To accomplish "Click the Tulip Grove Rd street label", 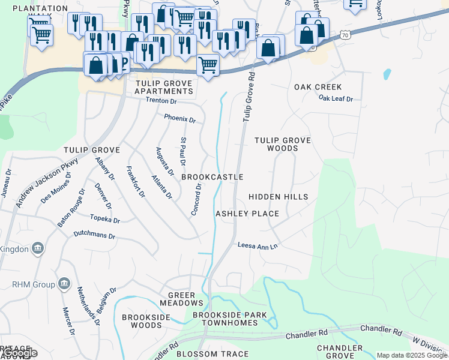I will click(249, 97).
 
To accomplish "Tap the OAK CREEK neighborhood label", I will click(318, 87).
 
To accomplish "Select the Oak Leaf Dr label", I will click(336, 98).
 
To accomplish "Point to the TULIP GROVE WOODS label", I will click(282, 144).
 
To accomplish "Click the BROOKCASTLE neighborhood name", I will click(212, 177).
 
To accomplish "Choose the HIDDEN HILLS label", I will click(278, 197).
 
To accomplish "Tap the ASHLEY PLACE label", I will click(247, 214).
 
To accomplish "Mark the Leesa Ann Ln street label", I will click(258, 245).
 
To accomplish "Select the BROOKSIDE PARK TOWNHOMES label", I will click(224, 319).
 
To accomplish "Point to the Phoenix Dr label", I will click(180, 119).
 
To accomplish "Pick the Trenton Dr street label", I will click(160, 101).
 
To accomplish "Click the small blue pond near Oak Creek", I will click(387, 75).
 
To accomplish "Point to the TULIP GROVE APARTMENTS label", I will click(164, 87).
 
